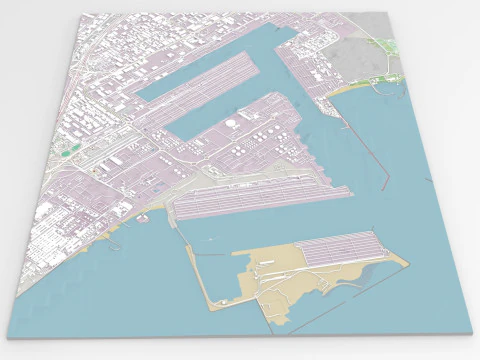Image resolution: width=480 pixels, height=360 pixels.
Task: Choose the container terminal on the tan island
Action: point(340,250)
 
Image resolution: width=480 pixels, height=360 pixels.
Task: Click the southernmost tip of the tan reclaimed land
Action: point(279,326)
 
